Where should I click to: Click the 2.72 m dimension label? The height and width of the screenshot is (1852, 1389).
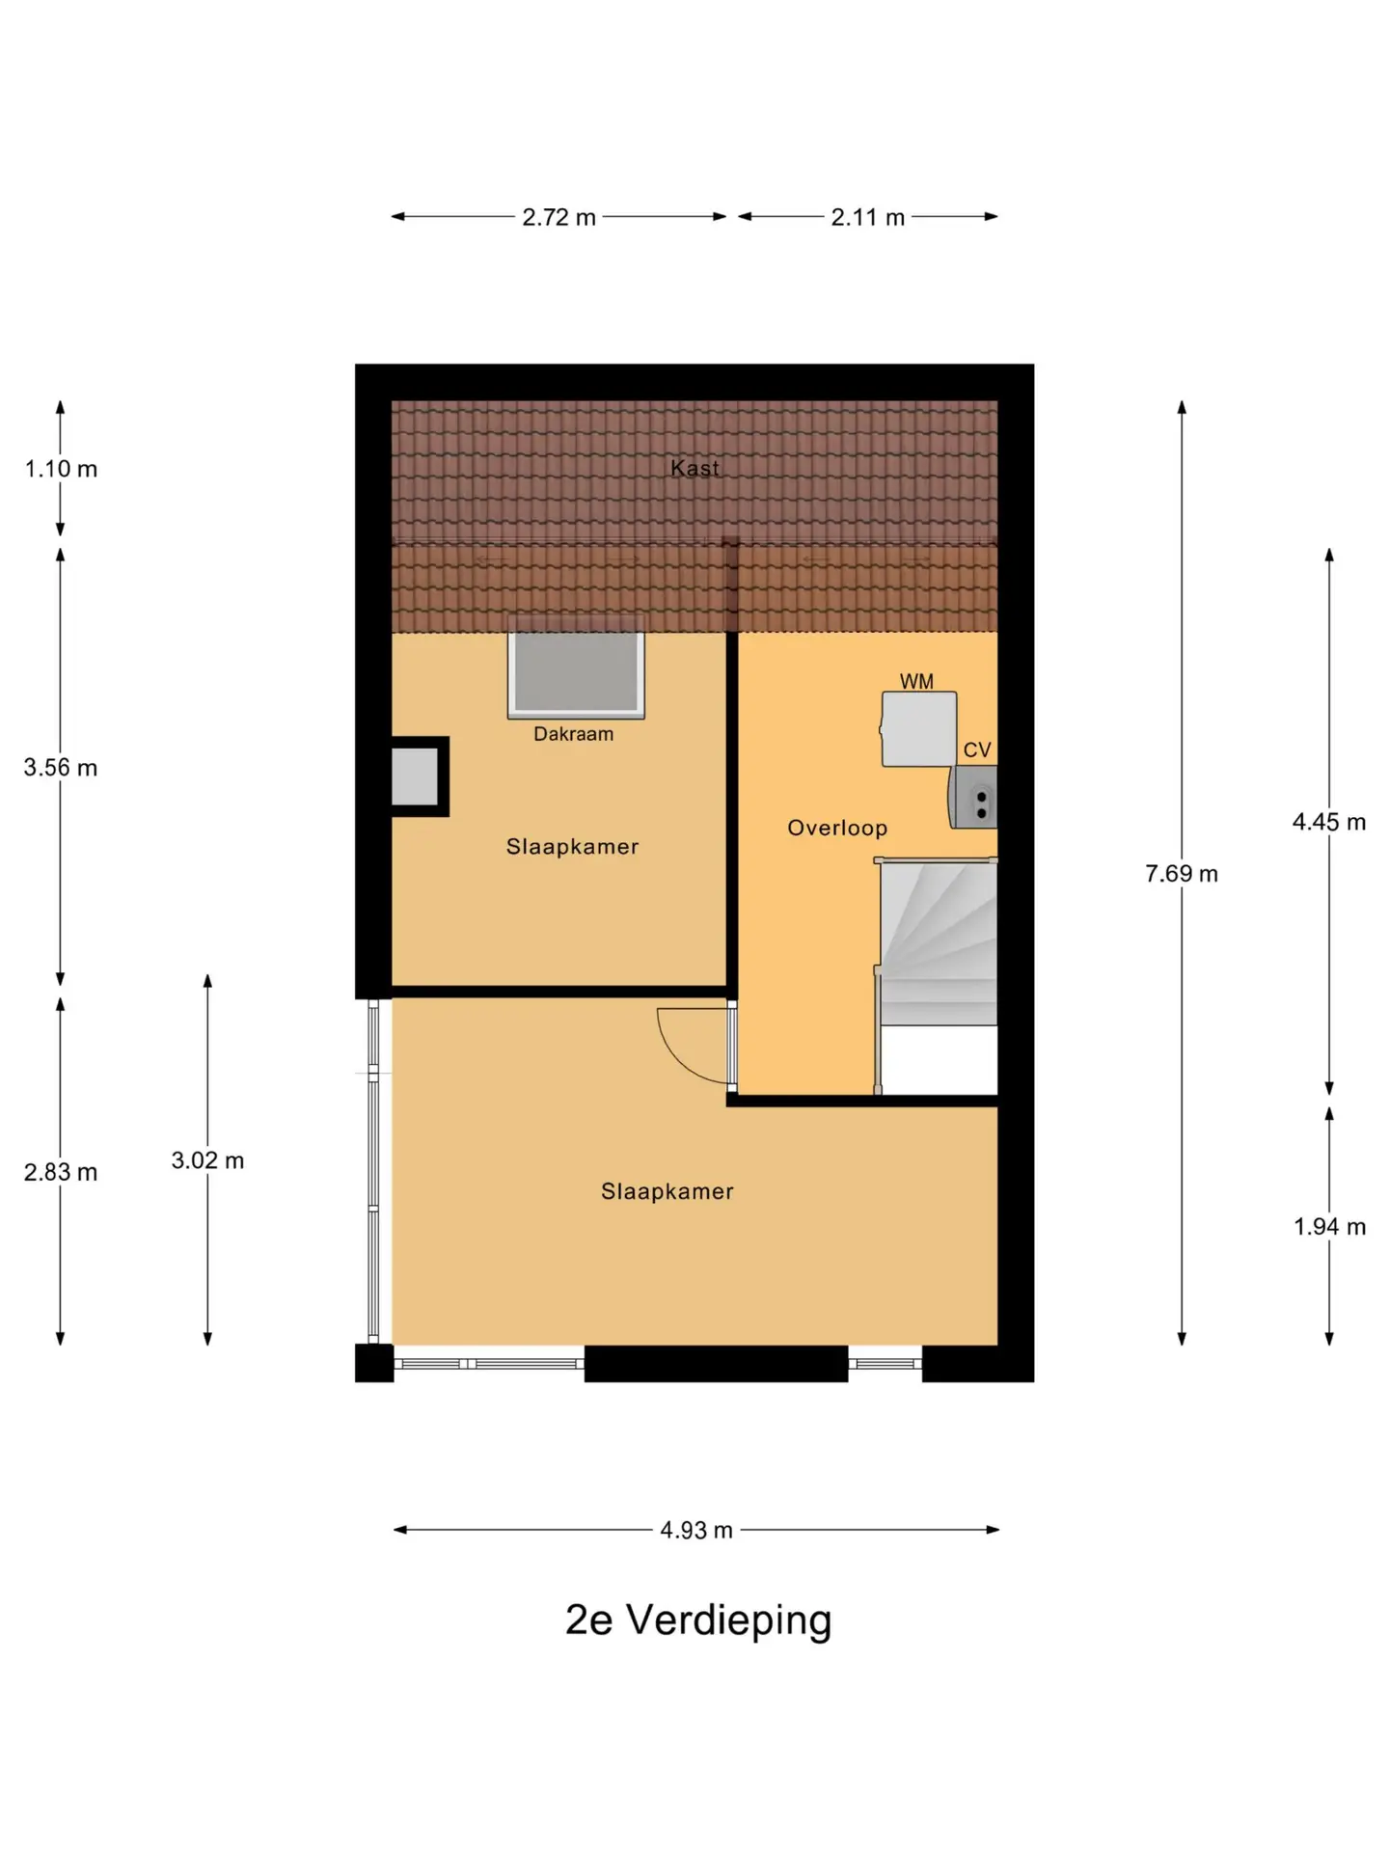click(x=558, y=217)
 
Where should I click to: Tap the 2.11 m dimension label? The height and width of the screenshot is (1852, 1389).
click(x=868, y=217)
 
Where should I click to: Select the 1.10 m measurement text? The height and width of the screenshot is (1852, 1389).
click(x=61, y=469)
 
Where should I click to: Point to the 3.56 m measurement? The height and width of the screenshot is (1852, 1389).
click(x=61, y=768)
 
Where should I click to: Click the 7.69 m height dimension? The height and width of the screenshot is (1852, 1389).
click(x=1182, y=874)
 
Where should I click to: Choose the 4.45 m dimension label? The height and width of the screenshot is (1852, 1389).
click(x=1329, y=822)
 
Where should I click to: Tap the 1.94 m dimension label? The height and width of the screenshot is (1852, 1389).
click(x=1329, y=1227)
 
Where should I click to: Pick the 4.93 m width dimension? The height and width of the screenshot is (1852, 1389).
click(x=696, y=1530)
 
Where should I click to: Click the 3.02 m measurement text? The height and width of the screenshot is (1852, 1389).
click(x=207, y=1160)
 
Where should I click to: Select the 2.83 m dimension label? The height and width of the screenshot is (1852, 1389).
click(x=61, y=1172)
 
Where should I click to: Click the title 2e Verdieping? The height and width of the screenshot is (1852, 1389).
click(x=698, y=1621)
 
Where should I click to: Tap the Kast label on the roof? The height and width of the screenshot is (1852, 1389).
click(x=694, y=468)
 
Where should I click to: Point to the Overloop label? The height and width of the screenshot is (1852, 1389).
click(x=837, y=828)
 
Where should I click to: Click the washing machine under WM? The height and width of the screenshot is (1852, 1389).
click(x=918, y=729)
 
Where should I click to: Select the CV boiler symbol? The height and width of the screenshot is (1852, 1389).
click(x=972, y=797)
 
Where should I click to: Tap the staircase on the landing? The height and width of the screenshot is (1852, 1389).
click(x=937, y=975)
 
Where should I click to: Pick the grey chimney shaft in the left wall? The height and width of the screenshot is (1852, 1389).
click(x=415, y=776)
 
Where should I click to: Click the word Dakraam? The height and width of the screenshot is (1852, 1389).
click(x=573, y=734)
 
